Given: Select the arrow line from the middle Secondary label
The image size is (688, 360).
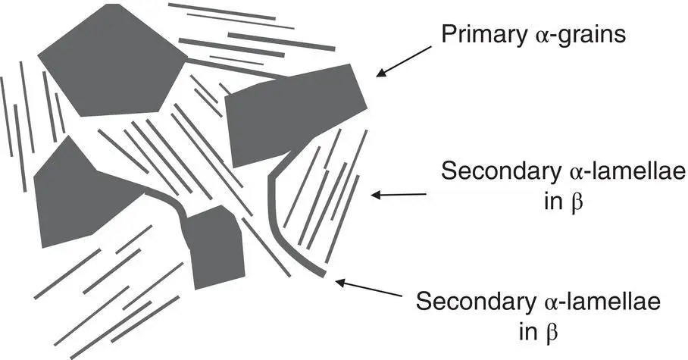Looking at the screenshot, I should pos(402,196).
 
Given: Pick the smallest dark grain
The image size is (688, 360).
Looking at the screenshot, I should pos(216,246).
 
